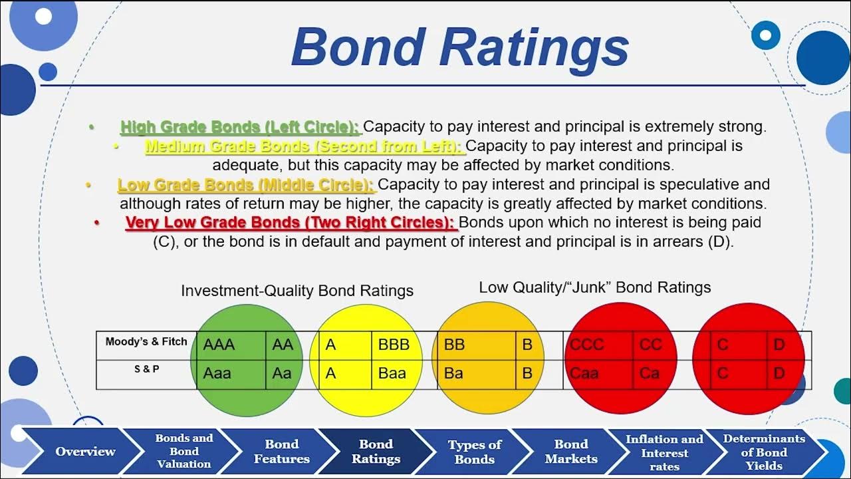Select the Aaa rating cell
click(217, 373)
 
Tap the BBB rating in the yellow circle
click(394, 345)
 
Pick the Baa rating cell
click(392, 373)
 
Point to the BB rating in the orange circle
click(454, 345)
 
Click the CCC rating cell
click(587, 345)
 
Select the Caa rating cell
click(584, 373)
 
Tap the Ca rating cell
click(649, 373)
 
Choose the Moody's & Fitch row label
click(146, 341)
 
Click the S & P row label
click(146, 369)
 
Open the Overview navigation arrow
click(85, 452)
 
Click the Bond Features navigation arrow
click(282, 451)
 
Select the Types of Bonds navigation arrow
click(474, 452)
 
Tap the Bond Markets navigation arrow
click(571, 451)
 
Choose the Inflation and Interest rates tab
click(664, 452)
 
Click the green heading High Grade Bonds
click(239, 126)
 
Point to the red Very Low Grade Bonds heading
click(291, 222)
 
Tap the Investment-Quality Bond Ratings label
click(297, 291)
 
